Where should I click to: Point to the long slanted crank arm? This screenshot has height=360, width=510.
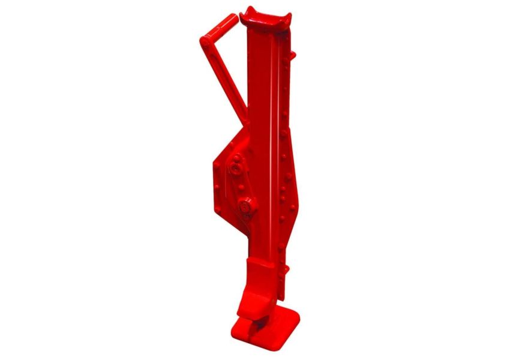tap(224, 78)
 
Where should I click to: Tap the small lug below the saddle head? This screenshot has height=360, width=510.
tap(293, 56)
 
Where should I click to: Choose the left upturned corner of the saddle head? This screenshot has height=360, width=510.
tap(244, 11)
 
